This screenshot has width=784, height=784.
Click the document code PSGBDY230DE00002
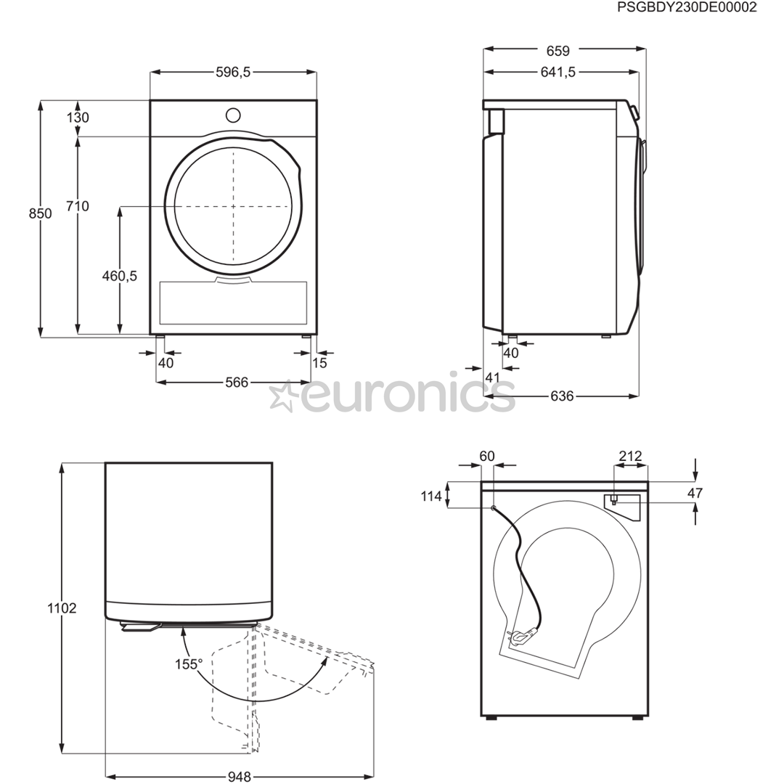687,8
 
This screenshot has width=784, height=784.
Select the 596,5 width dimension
233,72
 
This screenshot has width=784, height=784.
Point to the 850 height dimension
40,213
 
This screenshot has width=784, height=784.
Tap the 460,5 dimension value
119,276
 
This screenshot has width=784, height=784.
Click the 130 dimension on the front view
78,118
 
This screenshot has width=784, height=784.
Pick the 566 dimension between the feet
236,383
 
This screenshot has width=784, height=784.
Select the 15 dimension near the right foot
319,363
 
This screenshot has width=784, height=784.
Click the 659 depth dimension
558,51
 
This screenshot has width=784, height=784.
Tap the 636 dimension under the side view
562,396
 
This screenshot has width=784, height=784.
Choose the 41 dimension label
492,377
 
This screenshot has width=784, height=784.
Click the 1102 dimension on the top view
62,608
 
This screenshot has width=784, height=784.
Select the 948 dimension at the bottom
239,777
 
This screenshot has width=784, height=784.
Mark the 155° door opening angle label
188,663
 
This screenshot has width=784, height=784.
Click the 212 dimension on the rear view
629,456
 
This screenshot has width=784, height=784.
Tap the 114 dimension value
431,497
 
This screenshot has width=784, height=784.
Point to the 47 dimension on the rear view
695,494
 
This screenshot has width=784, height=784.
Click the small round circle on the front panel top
233,115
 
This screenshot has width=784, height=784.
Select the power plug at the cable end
521,637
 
